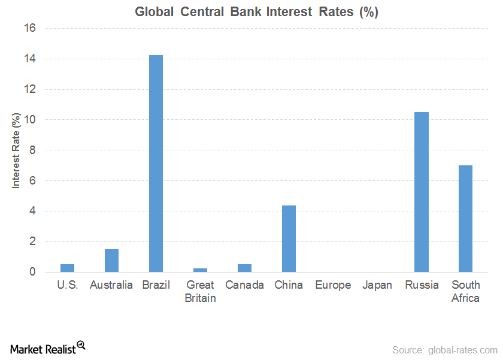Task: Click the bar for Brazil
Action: [156, 164]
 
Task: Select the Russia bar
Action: [422, 192]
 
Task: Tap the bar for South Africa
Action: [465, 219]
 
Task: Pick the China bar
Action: [289, 238]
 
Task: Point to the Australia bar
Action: [111, 261]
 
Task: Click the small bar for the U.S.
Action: [67, 268]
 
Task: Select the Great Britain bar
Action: [200, 270]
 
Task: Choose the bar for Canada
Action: [244, 268]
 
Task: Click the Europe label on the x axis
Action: [333, 285]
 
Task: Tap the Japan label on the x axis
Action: [377, 285]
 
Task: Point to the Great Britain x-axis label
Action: [200, 291]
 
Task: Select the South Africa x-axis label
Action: [465, 291]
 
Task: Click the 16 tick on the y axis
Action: [30, 28]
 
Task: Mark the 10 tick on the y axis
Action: [30, 120]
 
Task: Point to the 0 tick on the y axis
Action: [33, 272]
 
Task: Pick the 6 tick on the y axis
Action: [33, 181]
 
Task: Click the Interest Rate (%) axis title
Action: [16, 150]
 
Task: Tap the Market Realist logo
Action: [47, 348]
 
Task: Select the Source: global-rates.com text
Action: [444, 350]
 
